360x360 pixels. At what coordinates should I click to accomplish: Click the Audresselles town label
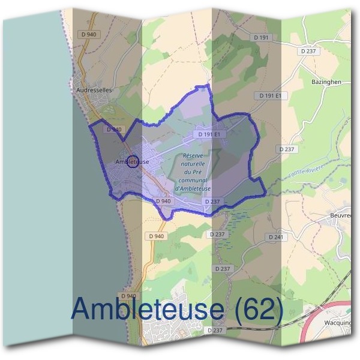tap(95, 90)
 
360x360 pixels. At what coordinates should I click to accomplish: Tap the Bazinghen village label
tap(326, 81)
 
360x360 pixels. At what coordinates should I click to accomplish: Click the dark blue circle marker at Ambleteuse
tap(134, 161)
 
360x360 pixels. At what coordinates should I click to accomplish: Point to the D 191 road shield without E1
tap(263, 37)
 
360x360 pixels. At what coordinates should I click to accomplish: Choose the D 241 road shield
tap(276, 238)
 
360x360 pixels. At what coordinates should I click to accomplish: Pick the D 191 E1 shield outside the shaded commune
tap(272, 95)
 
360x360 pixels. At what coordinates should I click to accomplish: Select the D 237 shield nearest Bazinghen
tap(310, 51)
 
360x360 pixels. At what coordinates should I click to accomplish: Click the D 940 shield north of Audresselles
tap(88, 34)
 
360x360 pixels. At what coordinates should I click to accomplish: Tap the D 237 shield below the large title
tap(215, 330)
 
